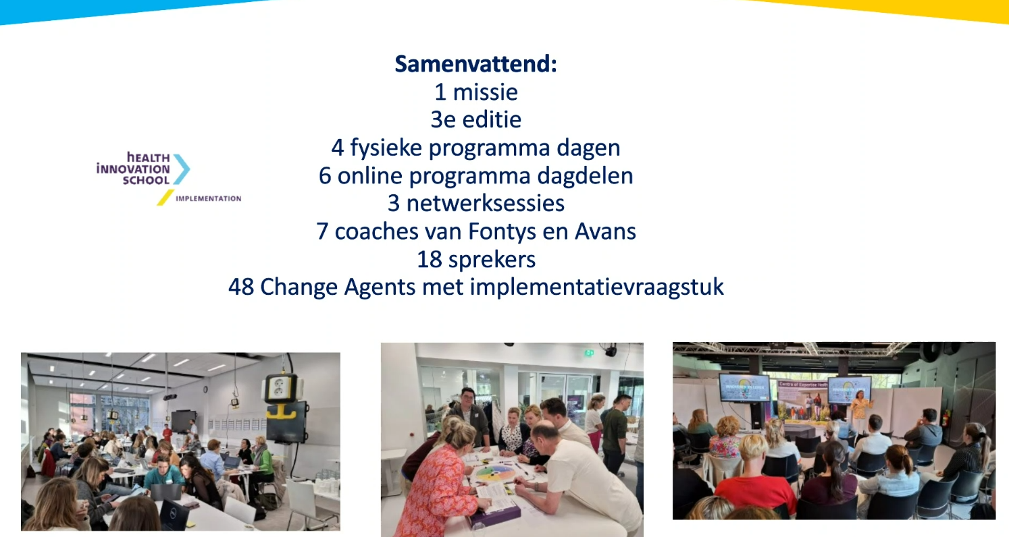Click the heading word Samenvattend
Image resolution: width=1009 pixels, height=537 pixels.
[475, 64]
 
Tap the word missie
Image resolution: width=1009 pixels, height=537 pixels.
[485, 92]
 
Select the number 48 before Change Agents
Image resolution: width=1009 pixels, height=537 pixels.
[241, 287]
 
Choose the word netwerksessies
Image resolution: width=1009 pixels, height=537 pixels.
[485, 204]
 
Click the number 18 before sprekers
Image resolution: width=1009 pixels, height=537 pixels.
[430, 260]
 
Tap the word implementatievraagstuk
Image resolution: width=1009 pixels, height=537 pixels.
[597, 287]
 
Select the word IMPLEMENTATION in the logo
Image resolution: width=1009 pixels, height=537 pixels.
[209, 198]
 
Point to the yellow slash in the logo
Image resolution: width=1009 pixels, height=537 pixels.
[165, 198]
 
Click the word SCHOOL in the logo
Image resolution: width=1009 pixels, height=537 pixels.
[146, 181]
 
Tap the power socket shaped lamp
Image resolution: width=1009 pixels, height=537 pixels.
[281, 389]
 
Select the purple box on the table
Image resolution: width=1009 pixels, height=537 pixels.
[495, 513]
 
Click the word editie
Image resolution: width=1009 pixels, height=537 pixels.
[492, 119]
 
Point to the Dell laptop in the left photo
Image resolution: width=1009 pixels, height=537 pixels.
[174, 515]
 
